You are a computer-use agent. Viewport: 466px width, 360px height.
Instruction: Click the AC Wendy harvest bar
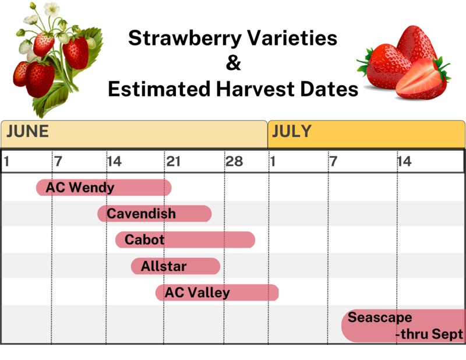click(x=104, y=188)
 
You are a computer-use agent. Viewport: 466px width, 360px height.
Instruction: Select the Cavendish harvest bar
click(x=154, y=213)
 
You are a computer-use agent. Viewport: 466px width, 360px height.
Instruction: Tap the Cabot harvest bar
click(x=185, y=239)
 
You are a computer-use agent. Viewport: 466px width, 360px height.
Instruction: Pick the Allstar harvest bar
click(x=176, y=266)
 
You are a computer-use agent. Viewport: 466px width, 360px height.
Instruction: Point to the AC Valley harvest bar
click(x=217, y=292)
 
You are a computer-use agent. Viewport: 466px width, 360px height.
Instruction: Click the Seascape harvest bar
click(x=404, y=326)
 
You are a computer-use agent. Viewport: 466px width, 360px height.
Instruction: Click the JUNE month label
click(x=27, y=132)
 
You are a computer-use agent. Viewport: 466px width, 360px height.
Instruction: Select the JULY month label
click(x=292, y=132)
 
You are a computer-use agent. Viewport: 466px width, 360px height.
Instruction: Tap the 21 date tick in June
click(x=174, y=162)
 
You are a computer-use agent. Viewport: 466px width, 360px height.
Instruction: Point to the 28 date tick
click(x=234, y=162)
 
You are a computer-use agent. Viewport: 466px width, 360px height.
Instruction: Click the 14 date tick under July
click(x=404, y=162)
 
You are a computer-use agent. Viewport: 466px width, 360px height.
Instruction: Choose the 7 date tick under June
click(x=59, y=162)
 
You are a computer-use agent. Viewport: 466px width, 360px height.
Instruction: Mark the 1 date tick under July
click(x=273, y=162)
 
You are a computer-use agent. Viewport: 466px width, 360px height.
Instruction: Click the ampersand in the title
click(x=234, y=63)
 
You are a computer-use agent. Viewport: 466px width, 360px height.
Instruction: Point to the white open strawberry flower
click(x=52, y=9)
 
